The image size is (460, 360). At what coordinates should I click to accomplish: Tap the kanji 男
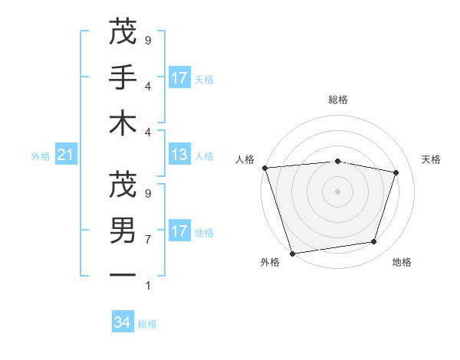[123, 230]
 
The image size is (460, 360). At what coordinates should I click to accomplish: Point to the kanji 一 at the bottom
[123, 274]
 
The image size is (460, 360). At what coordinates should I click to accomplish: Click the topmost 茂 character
[123, 32]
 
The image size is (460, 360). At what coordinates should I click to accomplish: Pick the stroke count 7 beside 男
[148, 240]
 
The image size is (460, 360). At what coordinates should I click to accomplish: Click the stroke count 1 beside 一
[148, 286]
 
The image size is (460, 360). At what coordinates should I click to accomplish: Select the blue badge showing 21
[65, 155]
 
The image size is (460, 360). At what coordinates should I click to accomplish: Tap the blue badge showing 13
[179, 155]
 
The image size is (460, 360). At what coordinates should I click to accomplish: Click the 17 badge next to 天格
[179, 78]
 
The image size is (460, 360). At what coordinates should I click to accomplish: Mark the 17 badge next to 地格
[179, 231]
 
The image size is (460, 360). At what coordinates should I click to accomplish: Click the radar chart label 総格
[338, 100]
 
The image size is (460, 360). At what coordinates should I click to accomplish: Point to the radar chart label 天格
[432, 159]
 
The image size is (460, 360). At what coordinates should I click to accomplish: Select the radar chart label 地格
[402, 262]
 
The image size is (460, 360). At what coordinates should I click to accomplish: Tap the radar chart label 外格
[270, 262]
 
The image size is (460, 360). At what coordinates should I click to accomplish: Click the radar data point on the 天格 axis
[396, 172]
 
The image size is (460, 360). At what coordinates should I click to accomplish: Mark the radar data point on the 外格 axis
[292, 253]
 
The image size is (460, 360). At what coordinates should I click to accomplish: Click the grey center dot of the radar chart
[338, 191]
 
